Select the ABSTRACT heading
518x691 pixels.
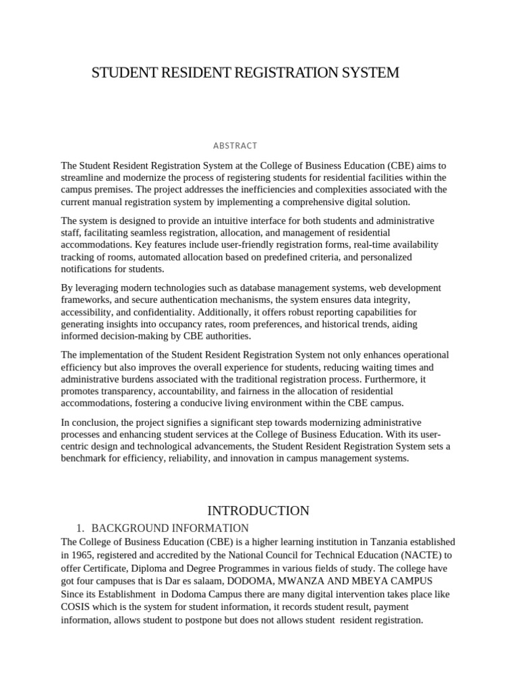pyautogui.click(x=235, y=145)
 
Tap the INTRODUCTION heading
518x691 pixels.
pyautogui.click(x=258, y=511)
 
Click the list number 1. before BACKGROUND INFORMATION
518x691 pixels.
pyautogui.click(x=82, y=528)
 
